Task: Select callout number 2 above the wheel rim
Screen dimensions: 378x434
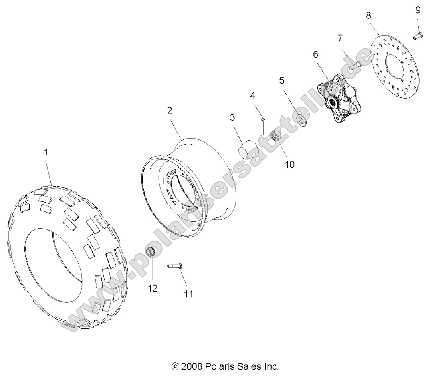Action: pos(170,111)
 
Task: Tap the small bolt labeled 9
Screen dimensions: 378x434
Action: pos(417,36)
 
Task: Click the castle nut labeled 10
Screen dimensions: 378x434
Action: pos(276,137)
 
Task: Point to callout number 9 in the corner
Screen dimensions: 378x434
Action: pos(418,10)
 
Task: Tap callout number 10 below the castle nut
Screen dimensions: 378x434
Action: pos(289,164)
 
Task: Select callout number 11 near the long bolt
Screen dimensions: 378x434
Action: pos(188,294)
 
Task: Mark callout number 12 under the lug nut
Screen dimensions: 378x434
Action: pos(153,288)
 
